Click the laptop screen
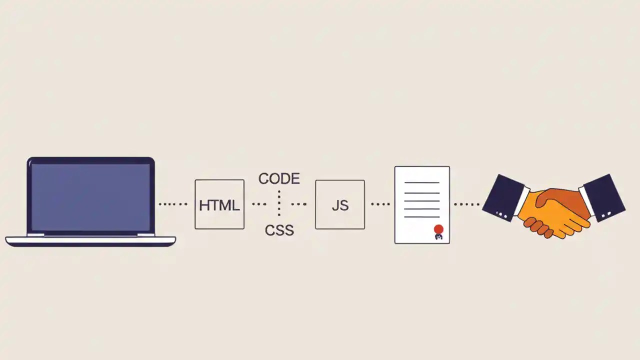coord(90,197)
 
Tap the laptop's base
coord(90,241)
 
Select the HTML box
coord(219,204)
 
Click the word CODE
coord(279,178)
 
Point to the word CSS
coord(279,230)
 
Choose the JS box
coord(340,204)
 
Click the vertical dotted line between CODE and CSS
coord(279,204)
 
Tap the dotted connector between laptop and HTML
coord(173,204)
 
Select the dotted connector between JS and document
coord(380,204)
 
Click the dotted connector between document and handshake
coord(466,204)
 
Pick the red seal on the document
coord(438,229)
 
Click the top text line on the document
coord(421,182)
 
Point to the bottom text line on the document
coord(421,216)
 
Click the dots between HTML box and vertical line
coord(259,204)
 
